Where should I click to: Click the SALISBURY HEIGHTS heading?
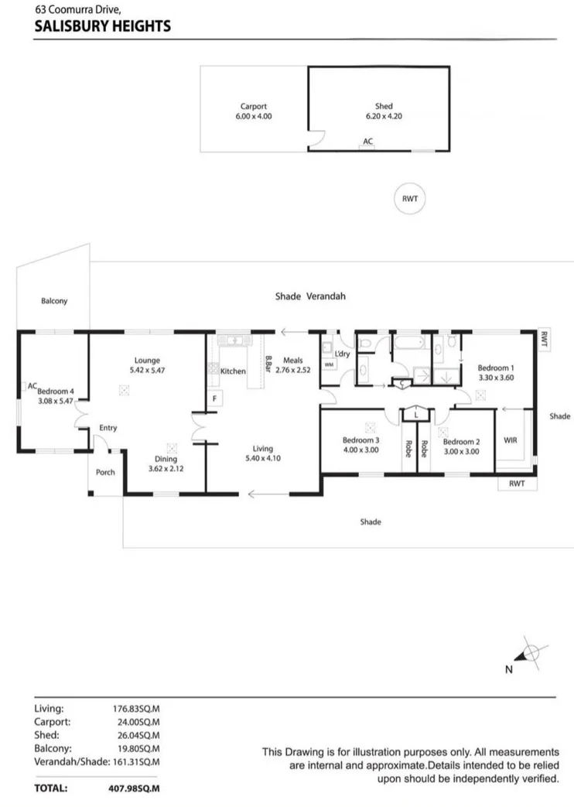[x=103, y=26]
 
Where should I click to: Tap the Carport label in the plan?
[x=254, y=107]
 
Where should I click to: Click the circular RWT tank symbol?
[x=409, y=199]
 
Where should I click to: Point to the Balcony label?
[x=54, y=301]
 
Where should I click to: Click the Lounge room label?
[x=146, y=360]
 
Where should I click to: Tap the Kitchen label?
[x=233, y=371]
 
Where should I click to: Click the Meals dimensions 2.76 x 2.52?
[x=292, y=370]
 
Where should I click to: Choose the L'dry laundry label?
[x=342, y=354]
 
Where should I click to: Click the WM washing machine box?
[x=329, y=364]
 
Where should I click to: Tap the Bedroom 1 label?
[x=495, y=368]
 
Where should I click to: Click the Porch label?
[x=104, y=472]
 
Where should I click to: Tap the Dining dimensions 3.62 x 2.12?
[x=170, y=468]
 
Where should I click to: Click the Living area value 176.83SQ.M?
[x=136, y=708]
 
